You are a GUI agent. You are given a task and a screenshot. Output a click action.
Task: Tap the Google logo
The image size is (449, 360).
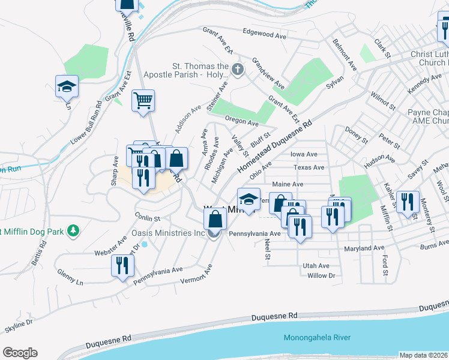pyautogui.click(x=20, y=353)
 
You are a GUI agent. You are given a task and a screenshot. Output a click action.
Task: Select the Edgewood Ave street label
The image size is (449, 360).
pyautogui.click(x=265, y=34)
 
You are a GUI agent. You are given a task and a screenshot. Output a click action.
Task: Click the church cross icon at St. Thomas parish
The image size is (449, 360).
pyautogui.click(x=237, y=70)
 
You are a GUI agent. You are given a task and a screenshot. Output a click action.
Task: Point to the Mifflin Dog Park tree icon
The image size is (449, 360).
pyautogui.click(x=73, y=230)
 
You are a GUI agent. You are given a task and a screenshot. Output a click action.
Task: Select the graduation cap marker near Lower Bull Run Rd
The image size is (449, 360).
pyautogui.click(x=67, y=86)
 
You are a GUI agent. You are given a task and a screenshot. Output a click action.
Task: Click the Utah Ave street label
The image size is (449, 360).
pyautogui.click(x=316, y=266)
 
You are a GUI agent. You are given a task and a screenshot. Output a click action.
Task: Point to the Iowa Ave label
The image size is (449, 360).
pyautogui.click(x=304, y=154)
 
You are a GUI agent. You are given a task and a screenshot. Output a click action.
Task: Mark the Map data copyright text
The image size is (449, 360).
pyautogui.click(x=424, y=355)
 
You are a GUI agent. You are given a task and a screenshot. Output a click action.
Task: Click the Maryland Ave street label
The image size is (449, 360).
pyautogui.click(x=364, y=248)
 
